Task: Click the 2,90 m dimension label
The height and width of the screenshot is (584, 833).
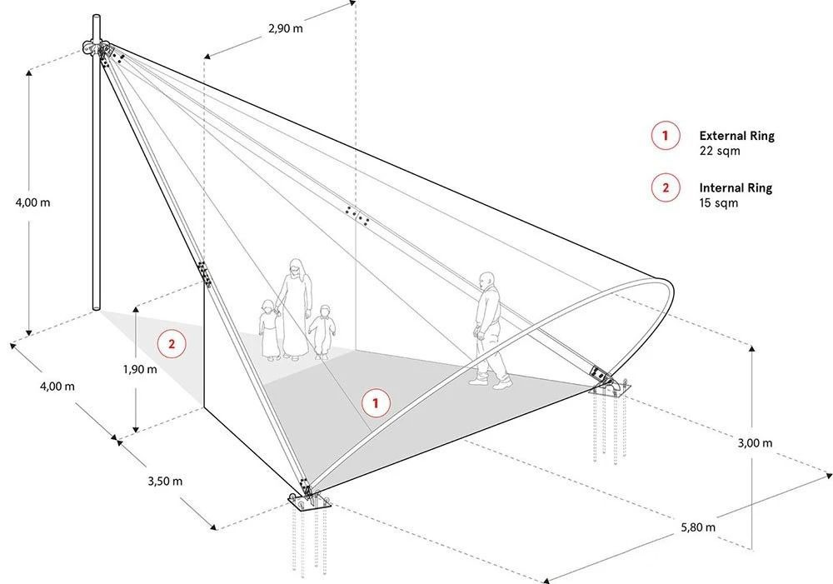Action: point(286,28)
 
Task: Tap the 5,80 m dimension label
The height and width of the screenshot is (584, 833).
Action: point(698,527)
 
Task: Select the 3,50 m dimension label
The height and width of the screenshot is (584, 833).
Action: point(165,481)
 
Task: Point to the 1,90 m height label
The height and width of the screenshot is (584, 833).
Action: point(140,369)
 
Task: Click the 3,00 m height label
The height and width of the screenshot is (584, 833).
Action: point(755,442)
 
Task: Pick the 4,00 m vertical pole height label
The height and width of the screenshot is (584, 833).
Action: point(33,202)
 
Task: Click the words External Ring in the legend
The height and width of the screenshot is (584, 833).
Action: point(736,136)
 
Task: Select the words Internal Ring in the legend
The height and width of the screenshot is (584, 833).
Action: point(736,187)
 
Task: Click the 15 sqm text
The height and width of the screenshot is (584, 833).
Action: point(718,203)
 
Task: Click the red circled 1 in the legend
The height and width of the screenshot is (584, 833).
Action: point(665,136)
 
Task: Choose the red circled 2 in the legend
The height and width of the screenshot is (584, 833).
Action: point(665,187)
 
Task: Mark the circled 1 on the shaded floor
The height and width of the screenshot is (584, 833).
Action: point(377,403)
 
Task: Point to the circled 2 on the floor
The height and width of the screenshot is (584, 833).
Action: point(171,344)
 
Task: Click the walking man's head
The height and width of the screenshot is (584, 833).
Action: point(486,280)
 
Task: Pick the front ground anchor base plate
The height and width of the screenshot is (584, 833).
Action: point(309,501)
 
